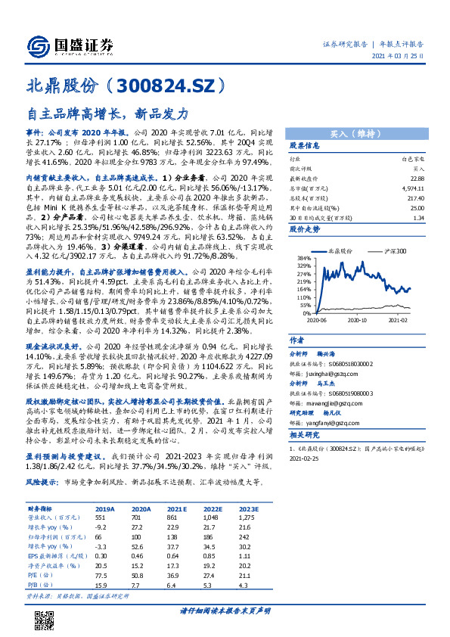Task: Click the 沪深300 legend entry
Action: click(x=394, y=250)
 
